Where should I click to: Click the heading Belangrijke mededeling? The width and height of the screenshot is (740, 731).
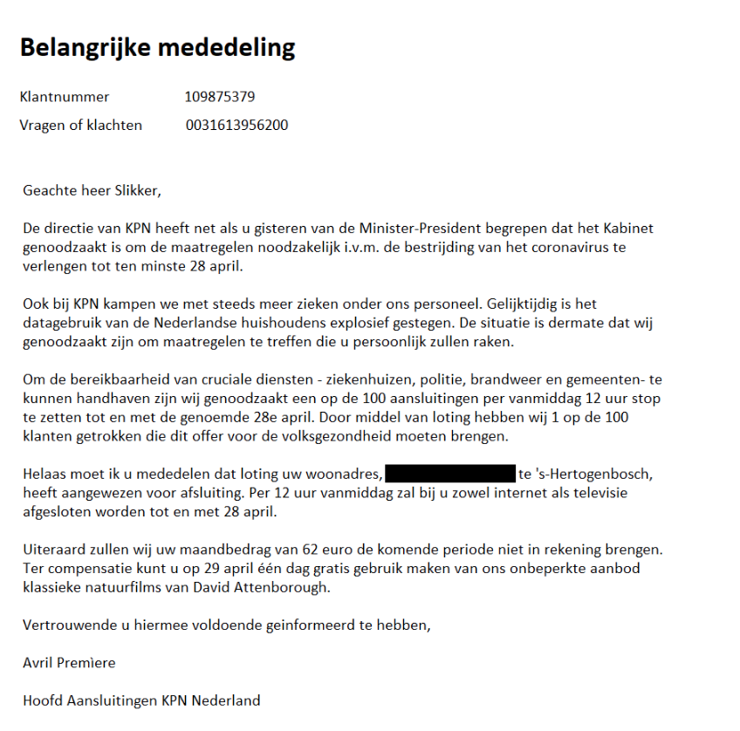pos(157,47)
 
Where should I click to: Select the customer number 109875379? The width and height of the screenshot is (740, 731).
pos(220,97)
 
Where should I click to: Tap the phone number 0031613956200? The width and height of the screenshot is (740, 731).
pos(236,126)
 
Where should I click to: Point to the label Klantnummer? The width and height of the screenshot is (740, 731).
pos(65,97)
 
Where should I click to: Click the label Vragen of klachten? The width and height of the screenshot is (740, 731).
pos(80,126)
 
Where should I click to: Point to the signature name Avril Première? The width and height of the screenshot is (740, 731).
pos(69,663)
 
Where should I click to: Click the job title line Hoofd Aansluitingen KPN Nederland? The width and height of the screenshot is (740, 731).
pos(141,700)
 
